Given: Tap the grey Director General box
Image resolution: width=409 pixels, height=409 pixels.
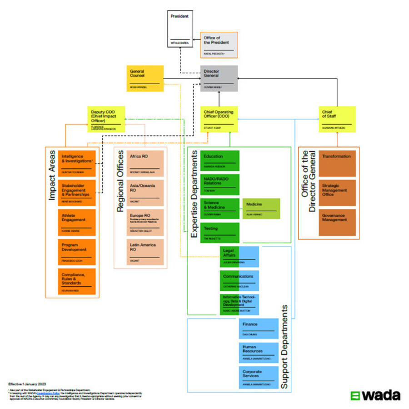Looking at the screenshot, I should (x=219, y=79).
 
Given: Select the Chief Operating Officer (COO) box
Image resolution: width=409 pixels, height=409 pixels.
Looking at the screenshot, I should (x=219, y=119).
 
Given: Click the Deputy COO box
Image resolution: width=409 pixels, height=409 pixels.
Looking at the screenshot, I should (x=106, y=119).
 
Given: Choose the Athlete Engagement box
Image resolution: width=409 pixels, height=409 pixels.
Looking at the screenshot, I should (x=77, y=222).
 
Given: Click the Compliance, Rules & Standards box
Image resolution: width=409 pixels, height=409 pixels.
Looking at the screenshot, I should (x=77, y=281).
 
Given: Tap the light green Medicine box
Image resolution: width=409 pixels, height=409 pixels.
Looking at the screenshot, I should (x=261, y=209).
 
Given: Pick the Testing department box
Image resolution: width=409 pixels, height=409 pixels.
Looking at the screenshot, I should (x=219, y=232).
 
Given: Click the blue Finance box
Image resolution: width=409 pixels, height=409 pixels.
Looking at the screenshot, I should (x=258, y=329).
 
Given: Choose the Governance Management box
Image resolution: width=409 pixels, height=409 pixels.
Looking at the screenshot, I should (x=337, y=222).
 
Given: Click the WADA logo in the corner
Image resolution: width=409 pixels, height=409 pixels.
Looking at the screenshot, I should (x=375, y=395).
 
